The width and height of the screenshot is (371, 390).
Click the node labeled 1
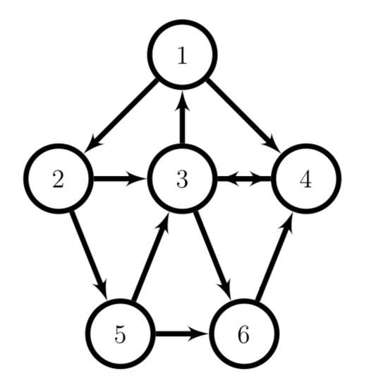pos(183,54)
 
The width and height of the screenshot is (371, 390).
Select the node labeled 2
pos(59,178)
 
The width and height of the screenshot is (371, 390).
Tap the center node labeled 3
pos(183,178)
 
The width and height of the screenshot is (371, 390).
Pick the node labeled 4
pos(306,178)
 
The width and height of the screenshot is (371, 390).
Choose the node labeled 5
pos(121,333)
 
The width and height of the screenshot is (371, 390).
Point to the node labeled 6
pos(244,333)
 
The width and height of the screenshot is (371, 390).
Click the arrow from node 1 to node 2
pos(121,116)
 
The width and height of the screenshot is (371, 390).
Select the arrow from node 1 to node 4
pos(244,116)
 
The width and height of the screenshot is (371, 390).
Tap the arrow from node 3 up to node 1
pos(183,117)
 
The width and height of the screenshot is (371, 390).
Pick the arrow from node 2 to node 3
pos(120,178)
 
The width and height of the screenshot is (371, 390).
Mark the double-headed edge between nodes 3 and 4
pos(245,178)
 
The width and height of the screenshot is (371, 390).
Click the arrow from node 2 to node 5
pos(89,255)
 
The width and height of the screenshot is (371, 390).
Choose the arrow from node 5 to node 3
pos(151,256)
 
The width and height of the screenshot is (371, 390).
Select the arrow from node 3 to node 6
pos(213,255)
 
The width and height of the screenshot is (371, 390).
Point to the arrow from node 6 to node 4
pos(274,256)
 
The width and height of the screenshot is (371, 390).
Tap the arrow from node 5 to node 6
pos(182,333)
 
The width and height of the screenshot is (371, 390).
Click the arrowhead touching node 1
pos(183,100)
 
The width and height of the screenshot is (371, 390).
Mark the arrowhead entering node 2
pos(93,143)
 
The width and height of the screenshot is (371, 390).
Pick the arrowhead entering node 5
pos(101,289)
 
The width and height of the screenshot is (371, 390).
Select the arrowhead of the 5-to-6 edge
pos(198,333)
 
